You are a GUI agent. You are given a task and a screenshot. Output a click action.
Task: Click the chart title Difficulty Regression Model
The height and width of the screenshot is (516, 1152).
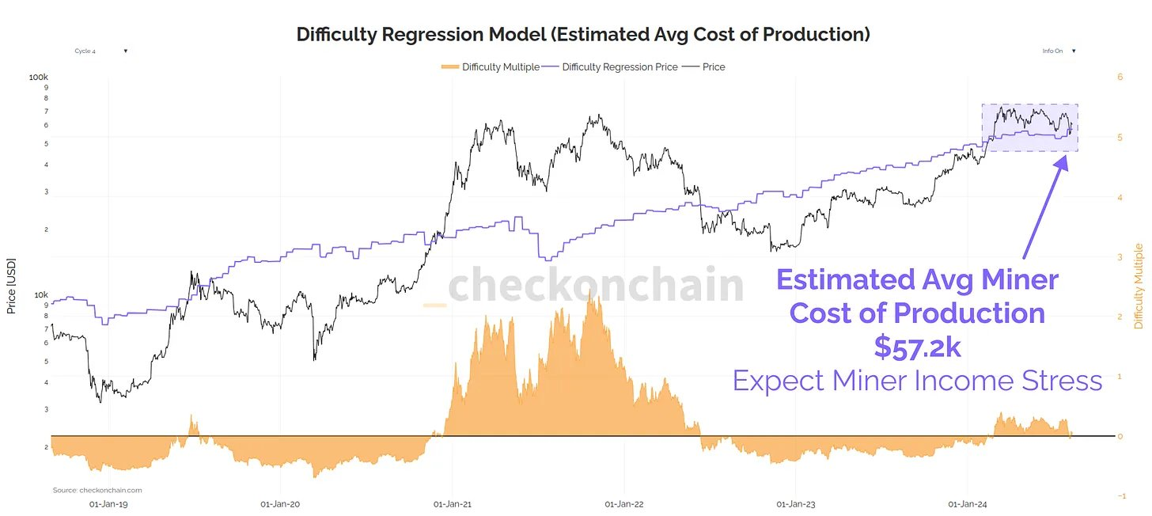click(583, 34)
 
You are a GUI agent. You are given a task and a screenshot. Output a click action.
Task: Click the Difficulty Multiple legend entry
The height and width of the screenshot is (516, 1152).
click(490, 67)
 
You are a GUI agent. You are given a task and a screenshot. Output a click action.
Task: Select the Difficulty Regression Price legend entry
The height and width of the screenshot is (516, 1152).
click(611, 67)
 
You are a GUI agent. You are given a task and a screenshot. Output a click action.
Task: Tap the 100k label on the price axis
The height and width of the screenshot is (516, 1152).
click(39, 78)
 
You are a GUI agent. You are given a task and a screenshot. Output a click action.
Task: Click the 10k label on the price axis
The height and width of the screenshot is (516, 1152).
click(40, 295)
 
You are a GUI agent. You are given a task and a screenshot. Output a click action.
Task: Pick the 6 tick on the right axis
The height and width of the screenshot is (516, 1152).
click(1120, 78)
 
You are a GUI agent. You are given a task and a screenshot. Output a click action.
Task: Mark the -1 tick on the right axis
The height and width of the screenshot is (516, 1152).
click(1120, 496)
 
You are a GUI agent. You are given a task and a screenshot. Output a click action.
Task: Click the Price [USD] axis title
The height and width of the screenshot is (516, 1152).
click(12, 285)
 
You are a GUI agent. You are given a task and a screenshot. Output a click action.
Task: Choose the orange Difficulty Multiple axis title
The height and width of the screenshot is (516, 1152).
click(1139, 286)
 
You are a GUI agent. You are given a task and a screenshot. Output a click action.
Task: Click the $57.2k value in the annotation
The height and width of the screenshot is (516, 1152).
click(917, 347)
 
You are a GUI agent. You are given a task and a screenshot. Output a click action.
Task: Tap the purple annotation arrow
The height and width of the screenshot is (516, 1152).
click(1044, 206)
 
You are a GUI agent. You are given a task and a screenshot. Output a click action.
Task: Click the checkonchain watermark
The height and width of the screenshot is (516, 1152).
click(585, 286)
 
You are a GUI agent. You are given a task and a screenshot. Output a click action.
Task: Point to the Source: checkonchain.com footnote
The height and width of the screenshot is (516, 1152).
click(97, 491)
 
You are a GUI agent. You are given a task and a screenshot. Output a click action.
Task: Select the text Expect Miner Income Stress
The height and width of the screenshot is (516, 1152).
click(917, 381)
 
